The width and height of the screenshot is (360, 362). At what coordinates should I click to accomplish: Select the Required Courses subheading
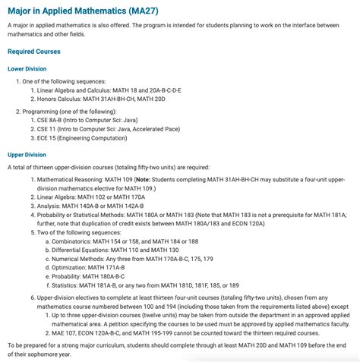pyautogui.click(x=33, y=52)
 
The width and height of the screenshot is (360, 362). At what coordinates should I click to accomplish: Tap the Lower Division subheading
pyautogui.click(x=27, y=68)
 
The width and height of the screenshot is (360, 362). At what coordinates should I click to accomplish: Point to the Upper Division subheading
pyautogui.click(x=27, y=154)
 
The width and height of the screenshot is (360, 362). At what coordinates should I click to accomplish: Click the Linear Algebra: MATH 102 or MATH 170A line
pyautogui.click(x=91, y=197)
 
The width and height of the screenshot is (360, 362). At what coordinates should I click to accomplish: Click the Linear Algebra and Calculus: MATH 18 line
pyautogui.click(x=111, y=90)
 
